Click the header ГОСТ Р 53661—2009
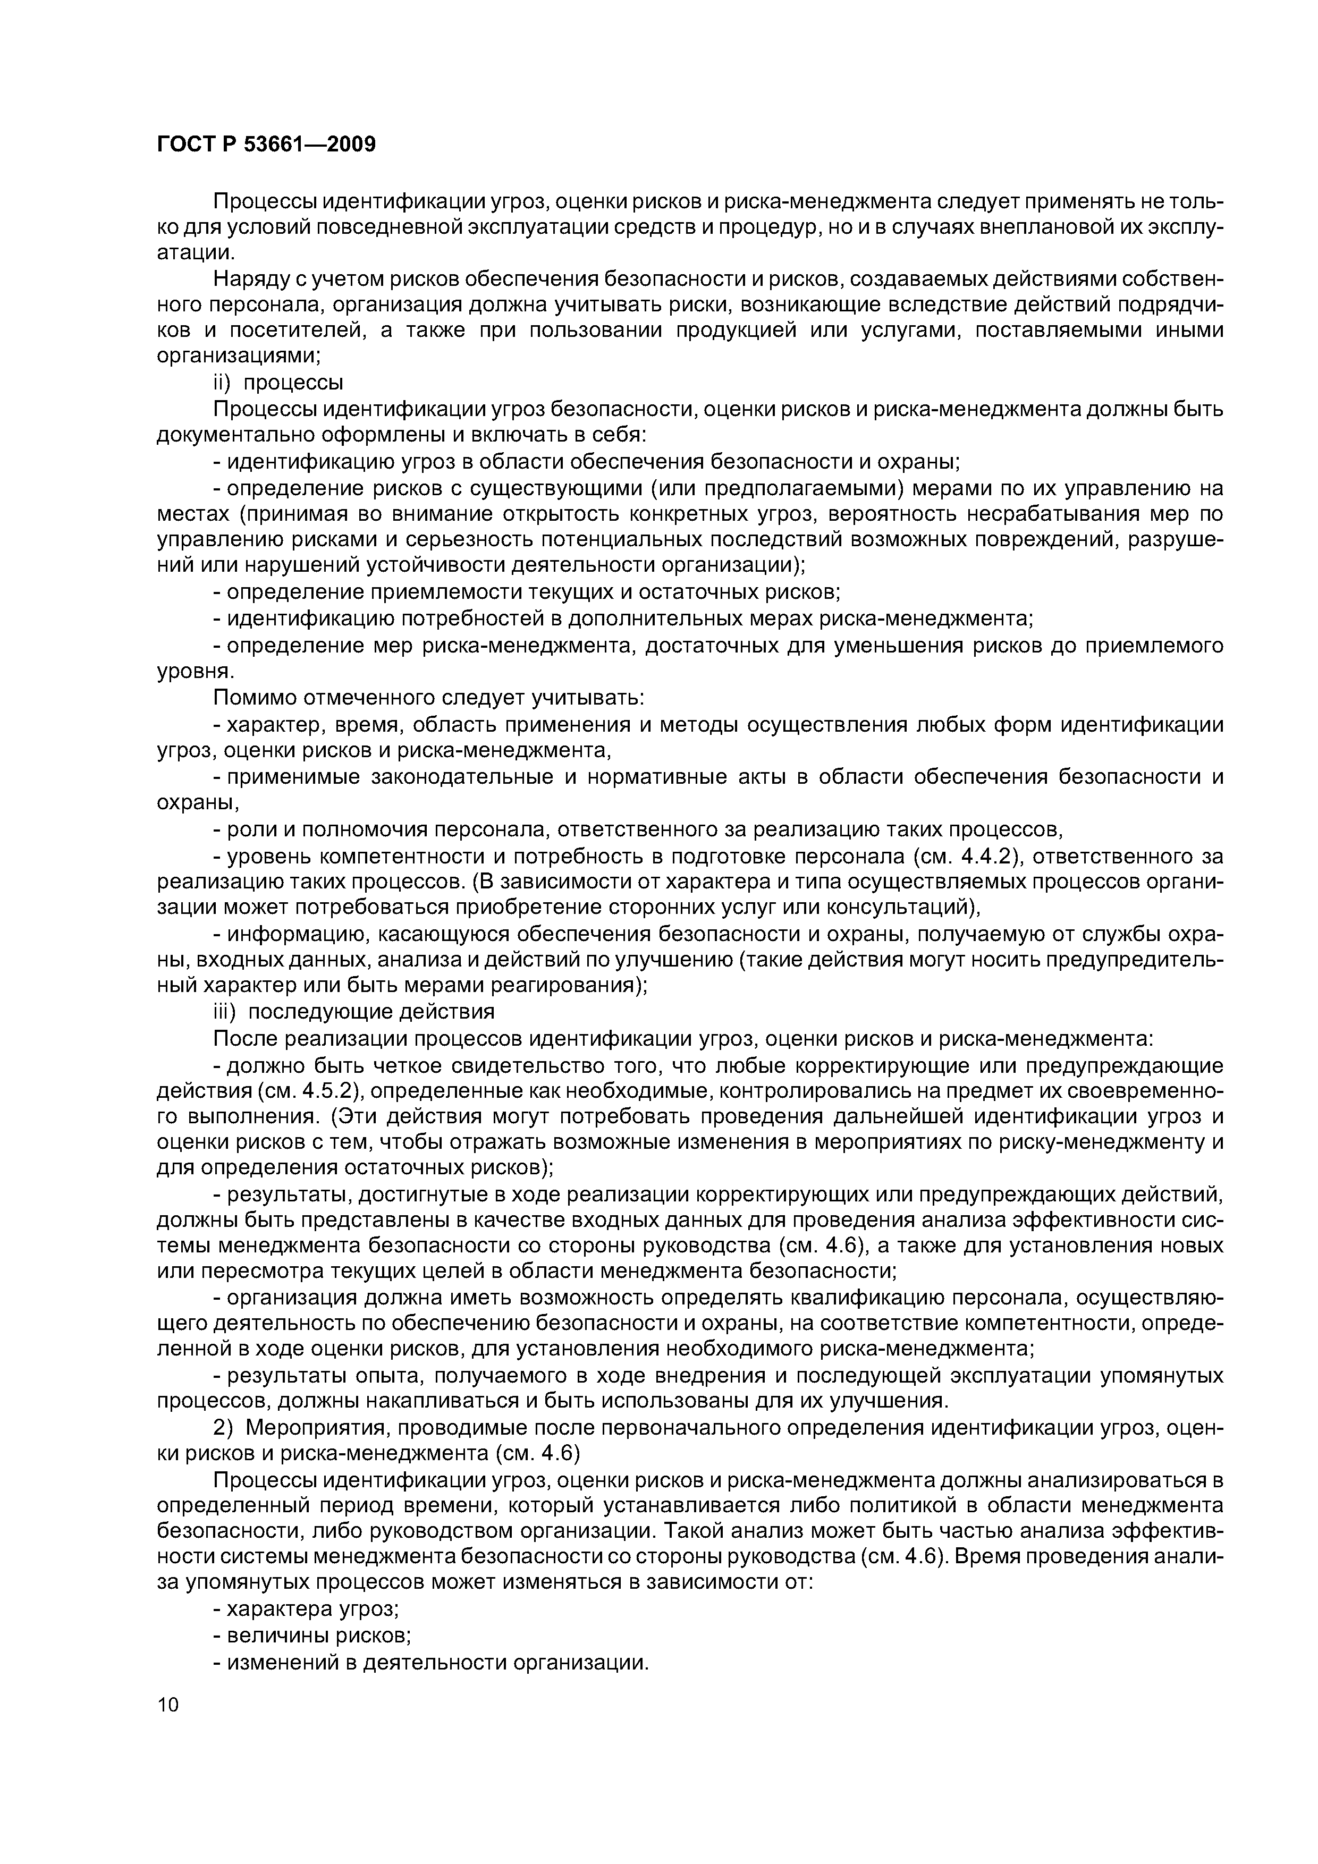tap(266, 145)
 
